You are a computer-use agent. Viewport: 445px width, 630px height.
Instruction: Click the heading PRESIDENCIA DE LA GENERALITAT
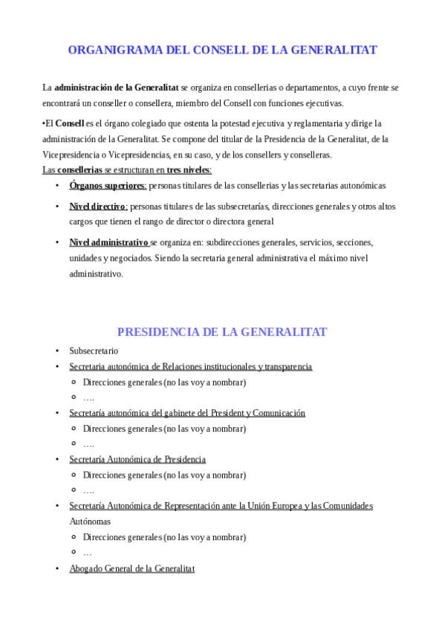(x=222, y=332)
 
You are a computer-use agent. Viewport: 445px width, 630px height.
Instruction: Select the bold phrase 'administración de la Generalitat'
(x=117, y=88)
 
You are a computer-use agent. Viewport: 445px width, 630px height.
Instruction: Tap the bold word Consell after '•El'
(x=70, y=123)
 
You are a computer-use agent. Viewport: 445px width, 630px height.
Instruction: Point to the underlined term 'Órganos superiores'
(x=108, y=186)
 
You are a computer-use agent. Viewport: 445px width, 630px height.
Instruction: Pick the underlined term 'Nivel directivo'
(x=98, y=207)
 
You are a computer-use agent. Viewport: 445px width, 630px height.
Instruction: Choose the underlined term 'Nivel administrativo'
(x=108, y=242)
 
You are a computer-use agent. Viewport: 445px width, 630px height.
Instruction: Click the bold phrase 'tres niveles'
(x=189, y=170)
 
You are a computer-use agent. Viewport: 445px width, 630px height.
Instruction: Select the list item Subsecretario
(x=94, y=351)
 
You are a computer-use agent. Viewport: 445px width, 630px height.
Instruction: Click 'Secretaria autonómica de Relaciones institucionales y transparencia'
(x=190, y=366)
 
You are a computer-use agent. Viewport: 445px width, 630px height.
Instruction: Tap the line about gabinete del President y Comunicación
(x=187, y=413)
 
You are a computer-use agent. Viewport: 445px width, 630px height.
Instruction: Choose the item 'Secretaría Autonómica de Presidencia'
(x=137, y=459)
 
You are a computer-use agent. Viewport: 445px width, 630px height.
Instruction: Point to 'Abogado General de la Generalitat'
(x=131, y=568)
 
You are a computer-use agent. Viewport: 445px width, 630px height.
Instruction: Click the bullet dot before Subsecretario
(x=57, y=351)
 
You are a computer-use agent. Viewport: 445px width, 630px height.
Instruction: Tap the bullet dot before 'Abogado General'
(x=57, y=568)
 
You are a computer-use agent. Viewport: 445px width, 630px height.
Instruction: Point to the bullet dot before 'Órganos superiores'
(x=57, y=186)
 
